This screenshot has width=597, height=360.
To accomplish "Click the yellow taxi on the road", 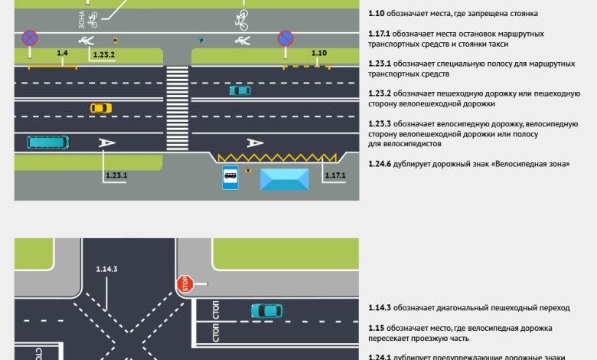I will pyautogui.click(x=101, y=108).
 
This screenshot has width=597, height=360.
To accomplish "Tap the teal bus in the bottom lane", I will pyautogui.click(x=47, y=142).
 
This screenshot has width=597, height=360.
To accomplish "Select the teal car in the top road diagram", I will pyautogui.click(x=240, y=90).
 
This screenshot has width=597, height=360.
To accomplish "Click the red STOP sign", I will pyautogui.click(x=184, y=284).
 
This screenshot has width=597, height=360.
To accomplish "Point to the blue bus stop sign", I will pyautogui.click(x=230, y=178).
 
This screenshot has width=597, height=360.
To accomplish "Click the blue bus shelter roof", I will pyautogui.click(x=285, y=179).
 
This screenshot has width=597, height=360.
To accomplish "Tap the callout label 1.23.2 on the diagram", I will pyautogui.click(x=103, y=55).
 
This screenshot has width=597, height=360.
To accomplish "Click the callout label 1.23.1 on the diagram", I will pyautogui.click(x=115, y=175).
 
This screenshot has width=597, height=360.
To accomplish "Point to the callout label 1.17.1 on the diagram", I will pyautogui.click(x=334, y=175).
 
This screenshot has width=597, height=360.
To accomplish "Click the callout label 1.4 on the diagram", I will pyautogui.click(x=63, y=52).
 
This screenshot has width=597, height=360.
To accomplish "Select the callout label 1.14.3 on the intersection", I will pyautogui.click(x=106, y=268).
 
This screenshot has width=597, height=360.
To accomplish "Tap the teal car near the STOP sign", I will pyautogui.click(x=266, y=310).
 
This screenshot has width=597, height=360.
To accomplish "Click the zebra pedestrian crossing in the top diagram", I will pyautogui.click(x=177, y=108).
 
